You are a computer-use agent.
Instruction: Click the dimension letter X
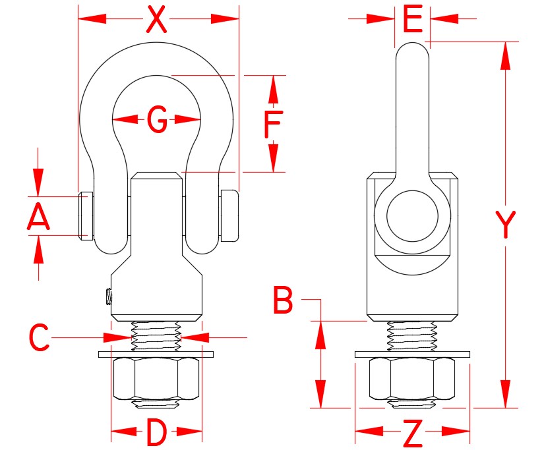(x=157, y=20)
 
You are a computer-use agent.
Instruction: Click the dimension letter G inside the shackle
(x=156, y=120)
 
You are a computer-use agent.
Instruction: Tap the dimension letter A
(x=39, y=216)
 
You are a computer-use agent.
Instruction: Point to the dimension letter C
(x=39, y=337)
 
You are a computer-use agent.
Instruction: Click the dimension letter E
(x=412, y=20)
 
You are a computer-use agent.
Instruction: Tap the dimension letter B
(x=284, y=303)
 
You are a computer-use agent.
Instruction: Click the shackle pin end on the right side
(x=229, y=215)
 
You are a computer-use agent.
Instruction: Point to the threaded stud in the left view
(x=156, y=337)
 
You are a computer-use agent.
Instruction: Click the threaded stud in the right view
(x=413, y=337)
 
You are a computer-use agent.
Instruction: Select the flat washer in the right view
(x=413, y=354)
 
